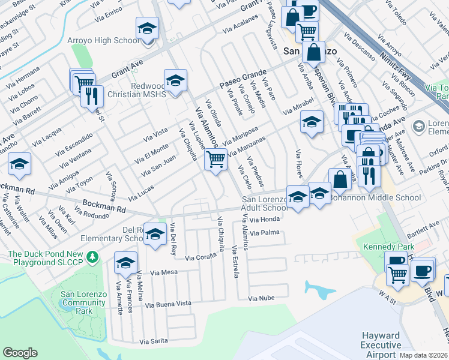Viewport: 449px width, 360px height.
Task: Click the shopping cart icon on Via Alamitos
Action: (x=215, y=160)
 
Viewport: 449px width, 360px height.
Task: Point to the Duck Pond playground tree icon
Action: (x=92, y=257)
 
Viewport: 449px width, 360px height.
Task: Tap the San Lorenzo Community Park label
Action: (x=85, y=302)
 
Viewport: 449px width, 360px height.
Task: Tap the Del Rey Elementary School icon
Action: (x=155, y=235)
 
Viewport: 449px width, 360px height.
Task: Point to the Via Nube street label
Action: (x=261, y=298)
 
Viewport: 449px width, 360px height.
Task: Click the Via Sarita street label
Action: (x=154, y=341)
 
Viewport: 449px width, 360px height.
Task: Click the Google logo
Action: (x=20, y=353)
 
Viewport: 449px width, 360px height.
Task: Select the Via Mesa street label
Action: (x=166, y=272)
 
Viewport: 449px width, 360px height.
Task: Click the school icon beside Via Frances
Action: (x=126, y=263)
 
